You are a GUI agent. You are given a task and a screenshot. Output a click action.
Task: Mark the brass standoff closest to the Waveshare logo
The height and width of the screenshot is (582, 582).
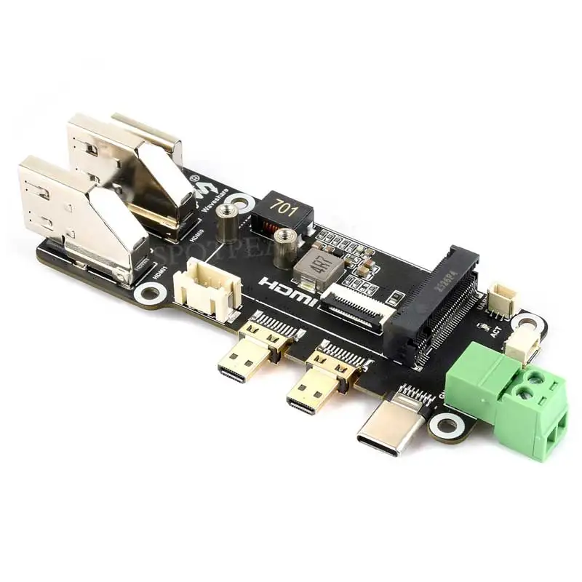(228, 223)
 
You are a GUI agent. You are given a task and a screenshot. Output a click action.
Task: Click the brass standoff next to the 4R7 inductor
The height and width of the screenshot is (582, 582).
(284, 247)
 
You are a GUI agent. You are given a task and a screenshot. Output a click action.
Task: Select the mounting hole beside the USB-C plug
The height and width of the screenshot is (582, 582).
(446, 425)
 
